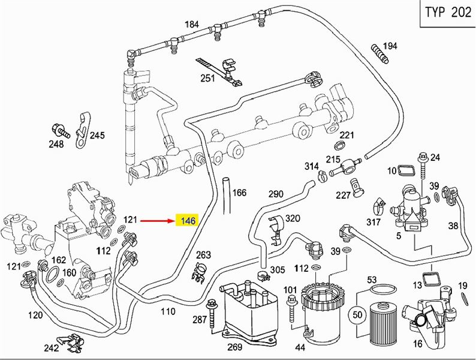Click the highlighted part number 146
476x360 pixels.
coord(187,220)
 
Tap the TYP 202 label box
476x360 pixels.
coord(448,13)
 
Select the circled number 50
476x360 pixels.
coord(358,315)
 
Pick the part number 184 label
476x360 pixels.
coord(192,25)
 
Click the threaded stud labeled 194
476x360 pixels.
coord(379,54)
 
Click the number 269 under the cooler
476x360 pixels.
coord(234,347)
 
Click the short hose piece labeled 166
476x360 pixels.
coord(227,196)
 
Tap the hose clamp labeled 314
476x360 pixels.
coord(322,176)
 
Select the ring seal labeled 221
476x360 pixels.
coord(339,145)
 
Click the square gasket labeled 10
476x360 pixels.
coord(406,170)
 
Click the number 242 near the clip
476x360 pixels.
coord(52,347)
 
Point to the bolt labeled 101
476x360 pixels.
coord(292,308)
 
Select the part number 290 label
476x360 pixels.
coord(276,193)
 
